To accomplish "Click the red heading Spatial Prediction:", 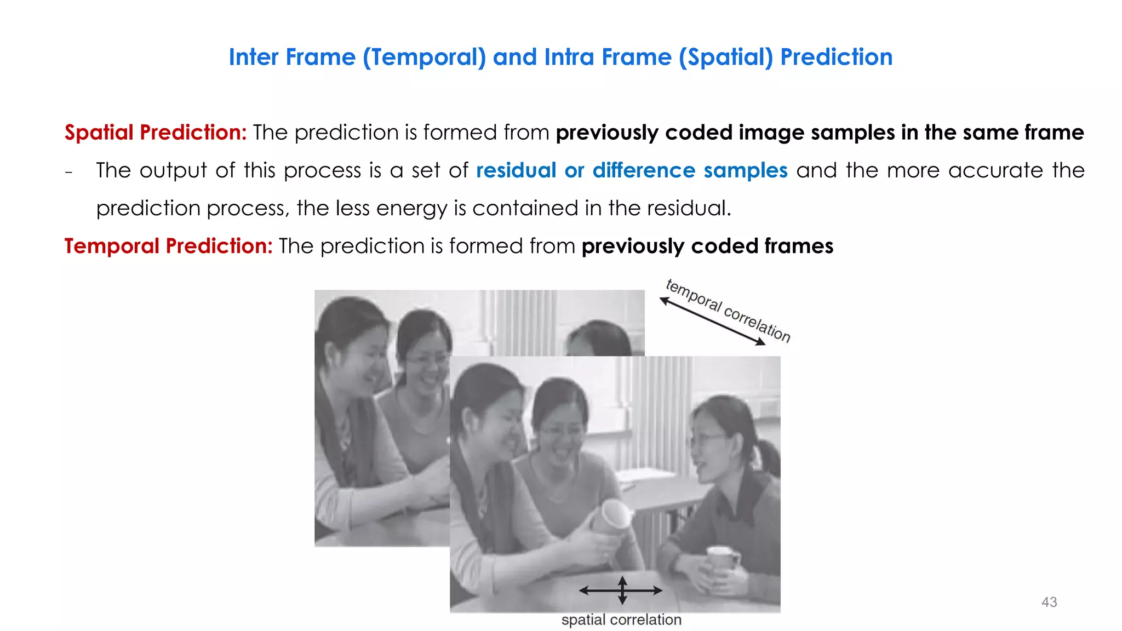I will pos(156,133).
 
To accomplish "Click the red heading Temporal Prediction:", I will pos(168,246).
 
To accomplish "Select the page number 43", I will pos(1049,602).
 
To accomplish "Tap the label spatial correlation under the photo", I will pos(621,619).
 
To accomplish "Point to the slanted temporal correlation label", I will pos(729,310).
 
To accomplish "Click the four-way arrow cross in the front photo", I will pos(622,590).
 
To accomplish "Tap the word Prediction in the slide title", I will pos(836,57).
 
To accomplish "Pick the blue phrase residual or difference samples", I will pos(631,170).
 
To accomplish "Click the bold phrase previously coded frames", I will pos(707,246).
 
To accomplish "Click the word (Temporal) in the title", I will pos(424,57).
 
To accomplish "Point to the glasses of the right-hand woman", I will pos(707,438).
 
